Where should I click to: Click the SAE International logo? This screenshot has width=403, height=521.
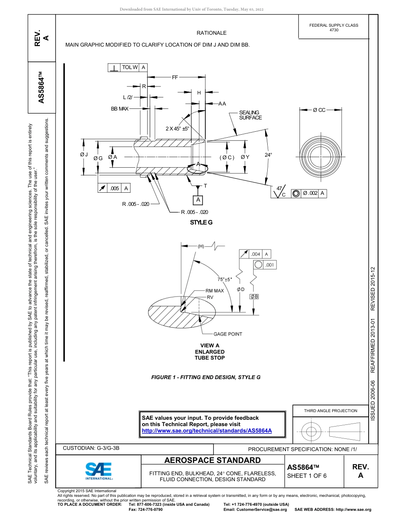click(99, 470)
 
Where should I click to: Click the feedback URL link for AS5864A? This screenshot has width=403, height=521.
click(206, 430)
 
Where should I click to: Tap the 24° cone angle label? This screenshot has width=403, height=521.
click(268, 155)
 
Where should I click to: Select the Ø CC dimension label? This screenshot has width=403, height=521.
click(319, 110)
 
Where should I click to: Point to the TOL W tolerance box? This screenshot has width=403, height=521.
click(129, 67)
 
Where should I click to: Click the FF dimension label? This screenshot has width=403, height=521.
click(175, 78)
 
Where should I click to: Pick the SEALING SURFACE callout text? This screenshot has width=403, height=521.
click(250, 115)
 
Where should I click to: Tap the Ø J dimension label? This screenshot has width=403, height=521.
click(84, 155)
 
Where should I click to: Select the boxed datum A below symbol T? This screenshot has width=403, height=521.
click(198, 199)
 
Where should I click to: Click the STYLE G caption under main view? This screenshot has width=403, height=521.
click(201, 222)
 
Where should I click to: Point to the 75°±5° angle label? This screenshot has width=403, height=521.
click(225, 279)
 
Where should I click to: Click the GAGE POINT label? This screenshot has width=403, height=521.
click(227, 334)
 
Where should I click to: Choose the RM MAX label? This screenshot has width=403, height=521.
click(215, 291)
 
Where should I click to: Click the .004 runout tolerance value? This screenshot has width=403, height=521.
click(255, 254)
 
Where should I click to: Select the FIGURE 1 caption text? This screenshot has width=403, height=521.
click(206, 377)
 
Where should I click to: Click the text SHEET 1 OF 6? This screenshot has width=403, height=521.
click(307, 475)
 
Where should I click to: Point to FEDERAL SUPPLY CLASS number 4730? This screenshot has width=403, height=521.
click(334, 30)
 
